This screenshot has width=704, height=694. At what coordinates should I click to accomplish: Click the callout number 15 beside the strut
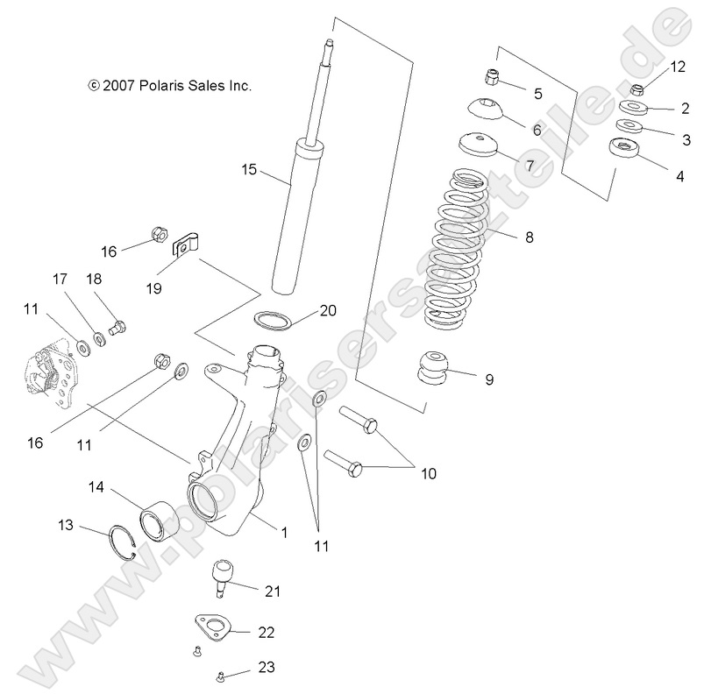(249, 169)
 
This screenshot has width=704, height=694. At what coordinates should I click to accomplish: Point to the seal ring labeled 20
(274, 319)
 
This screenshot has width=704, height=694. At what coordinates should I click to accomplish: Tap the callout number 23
(267, 669)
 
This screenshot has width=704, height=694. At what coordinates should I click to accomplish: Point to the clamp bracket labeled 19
(184, 244)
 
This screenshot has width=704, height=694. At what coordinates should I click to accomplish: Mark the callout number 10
(428, 473)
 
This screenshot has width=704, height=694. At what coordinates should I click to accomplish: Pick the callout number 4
(679, 176)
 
